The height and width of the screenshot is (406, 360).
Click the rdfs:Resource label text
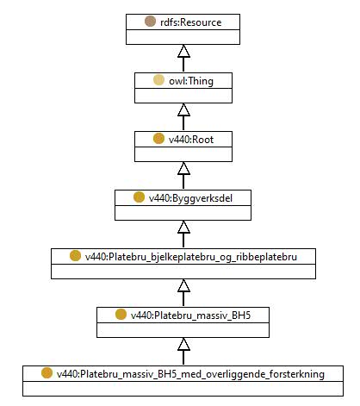[191, 22]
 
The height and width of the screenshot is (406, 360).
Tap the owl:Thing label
[191, 81]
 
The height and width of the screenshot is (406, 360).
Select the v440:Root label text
[191, 140]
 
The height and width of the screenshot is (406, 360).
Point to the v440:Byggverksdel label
[190, 198]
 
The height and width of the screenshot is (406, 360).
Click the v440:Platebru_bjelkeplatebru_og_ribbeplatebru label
[191, 257]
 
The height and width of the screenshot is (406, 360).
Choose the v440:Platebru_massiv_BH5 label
[191, 315]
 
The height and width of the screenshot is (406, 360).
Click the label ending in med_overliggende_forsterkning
[190, 374]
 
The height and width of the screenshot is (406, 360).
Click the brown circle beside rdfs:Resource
[150, 22]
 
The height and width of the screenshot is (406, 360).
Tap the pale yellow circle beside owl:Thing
[158, 80]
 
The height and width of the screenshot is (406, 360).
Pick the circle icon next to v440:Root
[158, 139]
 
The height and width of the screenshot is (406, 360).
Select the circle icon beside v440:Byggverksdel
[139, 197]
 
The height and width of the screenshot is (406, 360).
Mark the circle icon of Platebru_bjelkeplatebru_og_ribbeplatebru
[75, 256]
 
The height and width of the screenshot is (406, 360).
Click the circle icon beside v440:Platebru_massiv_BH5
[121, 315]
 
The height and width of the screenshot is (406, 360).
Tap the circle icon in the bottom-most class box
[47, 373]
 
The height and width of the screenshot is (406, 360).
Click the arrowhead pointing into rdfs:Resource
[183, 51]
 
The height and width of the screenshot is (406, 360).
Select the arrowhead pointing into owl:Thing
[183, 109]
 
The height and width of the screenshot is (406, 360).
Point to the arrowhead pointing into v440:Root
[183, 168]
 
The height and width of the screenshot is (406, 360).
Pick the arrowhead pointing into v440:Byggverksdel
[183, 227]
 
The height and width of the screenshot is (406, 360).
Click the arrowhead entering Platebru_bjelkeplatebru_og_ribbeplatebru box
[183, 285]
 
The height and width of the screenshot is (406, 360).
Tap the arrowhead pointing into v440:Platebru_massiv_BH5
[183, 344]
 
